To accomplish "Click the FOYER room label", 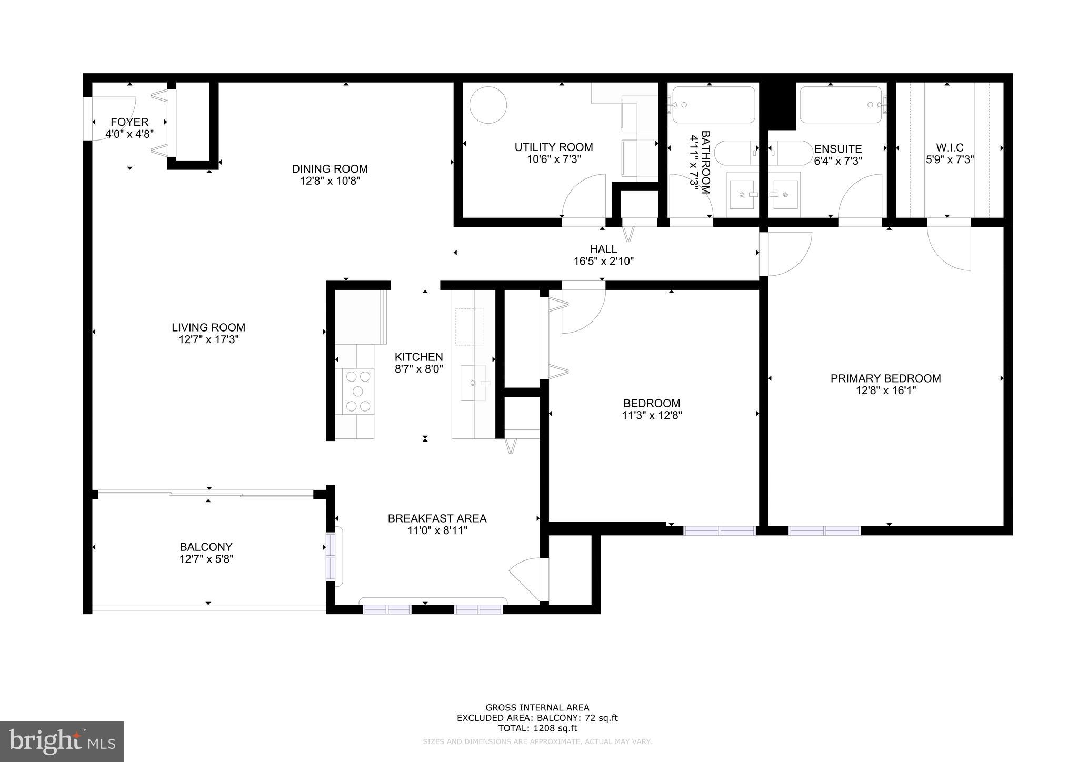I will pos(129,122).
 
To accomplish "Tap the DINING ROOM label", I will pos(330,169).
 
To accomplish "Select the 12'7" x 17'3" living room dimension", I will pos(208,340).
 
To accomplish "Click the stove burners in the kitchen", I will pos(358,390).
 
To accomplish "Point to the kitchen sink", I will pos(474,383).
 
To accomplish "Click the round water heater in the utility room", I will pos(488,105).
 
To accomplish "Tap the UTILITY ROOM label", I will pos(553,147).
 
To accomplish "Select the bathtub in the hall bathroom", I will pos(713,105).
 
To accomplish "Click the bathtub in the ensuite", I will pos(841,105).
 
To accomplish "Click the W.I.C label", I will pos(950,148).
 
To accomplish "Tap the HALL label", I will pos(603,249).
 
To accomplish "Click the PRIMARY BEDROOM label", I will pos(885,378).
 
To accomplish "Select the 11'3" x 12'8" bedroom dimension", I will pos(652,416).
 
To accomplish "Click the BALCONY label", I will pos(206,547).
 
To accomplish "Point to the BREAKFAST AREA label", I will pos(437,518).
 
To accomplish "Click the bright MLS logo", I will pos(62,741).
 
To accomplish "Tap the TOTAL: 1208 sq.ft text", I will pos(537,728).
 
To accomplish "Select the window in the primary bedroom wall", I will pos(824,530).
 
